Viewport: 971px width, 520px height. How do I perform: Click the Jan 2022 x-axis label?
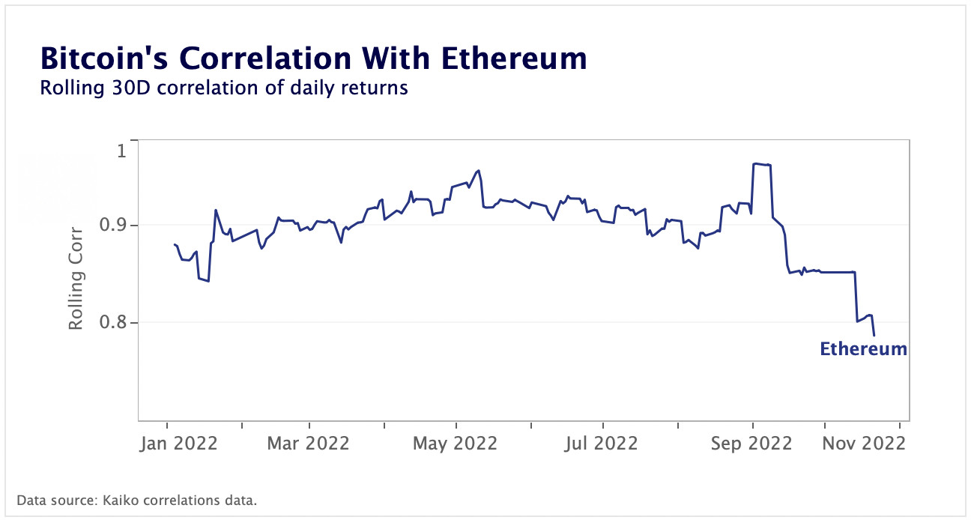[179, 443]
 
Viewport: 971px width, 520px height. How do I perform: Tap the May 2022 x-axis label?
[455, 443]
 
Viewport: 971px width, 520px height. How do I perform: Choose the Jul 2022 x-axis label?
[602, 443]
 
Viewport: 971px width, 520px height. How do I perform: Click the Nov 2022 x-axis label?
[864, 443]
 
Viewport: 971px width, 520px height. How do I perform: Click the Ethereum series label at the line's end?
[863, 348]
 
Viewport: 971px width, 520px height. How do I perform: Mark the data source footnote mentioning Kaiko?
[136, 500]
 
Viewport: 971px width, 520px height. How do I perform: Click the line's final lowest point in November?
[874, 335]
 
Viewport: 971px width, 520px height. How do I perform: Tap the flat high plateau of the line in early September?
[761, 164]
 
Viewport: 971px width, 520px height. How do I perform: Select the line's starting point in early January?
[174, 244]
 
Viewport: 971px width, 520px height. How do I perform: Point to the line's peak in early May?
[478, 170]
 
